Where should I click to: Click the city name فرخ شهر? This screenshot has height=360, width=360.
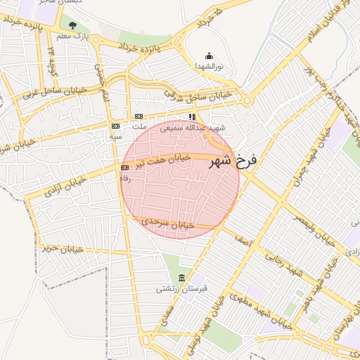(x=233, y=161)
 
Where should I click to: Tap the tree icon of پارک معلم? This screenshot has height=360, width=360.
(x=73, y=26)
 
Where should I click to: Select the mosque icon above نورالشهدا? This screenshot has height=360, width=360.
(x=208, y=56)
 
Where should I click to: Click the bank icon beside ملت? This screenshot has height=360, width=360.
(x=139, y=117)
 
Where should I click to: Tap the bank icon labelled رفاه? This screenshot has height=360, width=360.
(x=125, y=168)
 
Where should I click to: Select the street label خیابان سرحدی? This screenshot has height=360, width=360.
(x=167, y=223)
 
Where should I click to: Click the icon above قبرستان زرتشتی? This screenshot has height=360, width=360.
(x=182, y=277)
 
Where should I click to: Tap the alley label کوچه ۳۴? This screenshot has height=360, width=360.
(x=51, y=50)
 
